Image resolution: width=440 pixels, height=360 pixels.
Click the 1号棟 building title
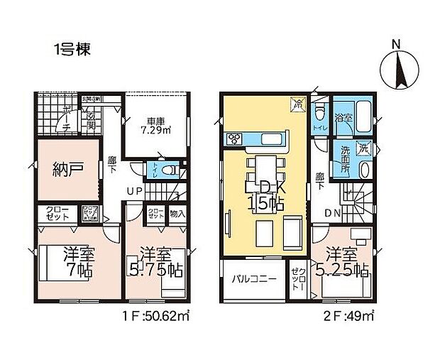coord(71,51)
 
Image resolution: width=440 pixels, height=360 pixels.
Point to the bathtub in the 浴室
coord(363,116)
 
